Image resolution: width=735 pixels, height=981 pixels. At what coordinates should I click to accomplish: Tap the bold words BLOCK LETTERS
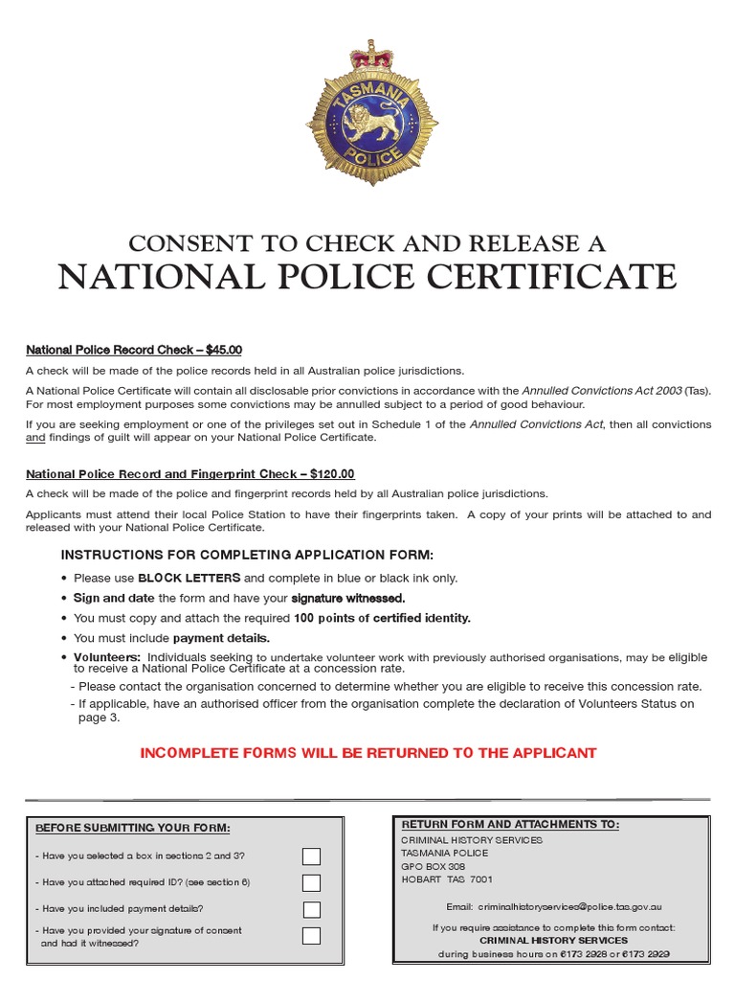tap(189, 578)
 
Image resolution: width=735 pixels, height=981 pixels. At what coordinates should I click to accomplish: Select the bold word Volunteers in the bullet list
tap(107, 657)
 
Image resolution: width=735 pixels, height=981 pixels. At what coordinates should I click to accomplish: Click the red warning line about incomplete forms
tap(368, 753)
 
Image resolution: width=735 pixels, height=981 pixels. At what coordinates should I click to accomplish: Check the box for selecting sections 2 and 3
tap(311, 856)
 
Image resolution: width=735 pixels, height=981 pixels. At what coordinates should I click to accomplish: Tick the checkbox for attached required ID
tap(311, 882)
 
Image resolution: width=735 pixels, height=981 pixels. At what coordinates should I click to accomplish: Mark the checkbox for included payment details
tap(311, 909)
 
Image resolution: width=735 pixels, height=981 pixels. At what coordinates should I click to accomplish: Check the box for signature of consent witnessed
tap(311, 936)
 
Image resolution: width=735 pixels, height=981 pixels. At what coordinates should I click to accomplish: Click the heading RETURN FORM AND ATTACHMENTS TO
tap(509, 824)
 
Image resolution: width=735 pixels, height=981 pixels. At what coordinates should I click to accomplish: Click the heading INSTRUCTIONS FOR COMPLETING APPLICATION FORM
tap(247, 555)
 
